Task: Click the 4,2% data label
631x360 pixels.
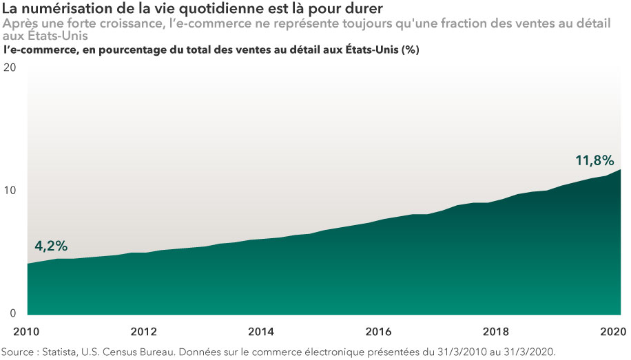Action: pos(51,246)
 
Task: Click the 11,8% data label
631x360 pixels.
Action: pos(594,160)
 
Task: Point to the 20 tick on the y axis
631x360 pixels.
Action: pos(9,67)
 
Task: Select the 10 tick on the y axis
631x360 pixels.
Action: pos(9,191)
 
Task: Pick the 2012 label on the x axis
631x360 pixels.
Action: pos(142,331)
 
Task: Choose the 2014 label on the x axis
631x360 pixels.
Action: pos(260,331)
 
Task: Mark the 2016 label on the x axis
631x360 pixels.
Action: pos(378,331)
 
